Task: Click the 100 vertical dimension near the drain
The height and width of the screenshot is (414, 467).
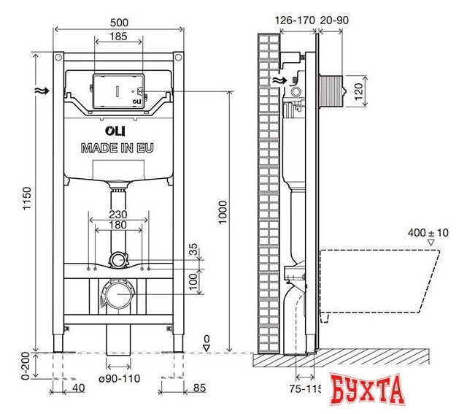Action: [x=193, y=280]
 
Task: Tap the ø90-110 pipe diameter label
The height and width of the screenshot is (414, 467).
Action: [x=120, y=378]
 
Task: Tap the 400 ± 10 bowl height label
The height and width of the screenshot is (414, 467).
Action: [x=429, y=232]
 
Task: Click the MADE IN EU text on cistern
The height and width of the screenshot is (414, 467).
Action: [x=117, y=147]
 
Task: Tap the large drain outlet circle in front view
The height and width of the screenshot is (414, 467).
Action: [x=117, y=296]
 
